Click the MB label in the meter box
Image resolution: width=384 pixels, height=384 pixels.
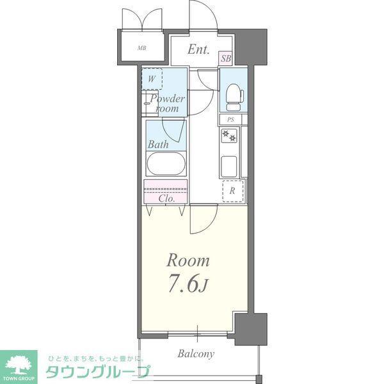pyautogui.click(x=142, y=48)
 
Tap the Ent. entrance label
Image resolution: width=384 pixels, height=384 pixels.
pyautogui.click(x=198, y=49)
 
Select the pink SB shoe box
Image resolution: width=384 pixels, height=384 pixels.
pyautogui.click(x=225, y=58)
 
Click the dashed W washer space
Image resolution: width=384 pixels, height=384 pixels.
pyautogui.click(x=152, y=79)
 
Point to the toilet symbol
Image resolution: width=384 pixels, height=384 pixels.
pyautogui.click(x=234, y=97)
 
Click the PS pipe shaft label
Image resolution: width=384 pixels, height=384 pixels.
pyautogui.click(x=230, y=120)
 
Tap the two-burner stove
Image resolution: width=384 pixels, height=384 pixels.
pyautogui.click(x=229, y=135)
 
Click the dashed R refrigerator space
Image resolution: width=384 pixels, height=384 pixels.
pyautogui.click(x=233, y=191)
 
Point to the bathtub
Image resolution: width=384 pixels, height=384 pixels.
pyautogui.click(x=166, y=164)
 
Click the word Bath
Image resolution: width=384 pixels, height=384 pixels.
pyautogui.click(x=158, y=145)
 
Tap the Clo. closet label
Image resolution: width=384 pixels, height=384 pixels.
pyautogui.click(x=166, y=198)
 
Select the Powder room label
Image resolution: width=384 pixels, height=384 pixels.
pyautogui.click(x=168, y=103)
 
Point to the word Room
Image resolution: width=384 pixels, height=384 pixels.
pyautogui.click(x=188, y=260)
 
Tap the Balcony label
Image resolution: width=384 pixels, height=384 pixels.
pyautogui.click(x=196, y=354)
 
